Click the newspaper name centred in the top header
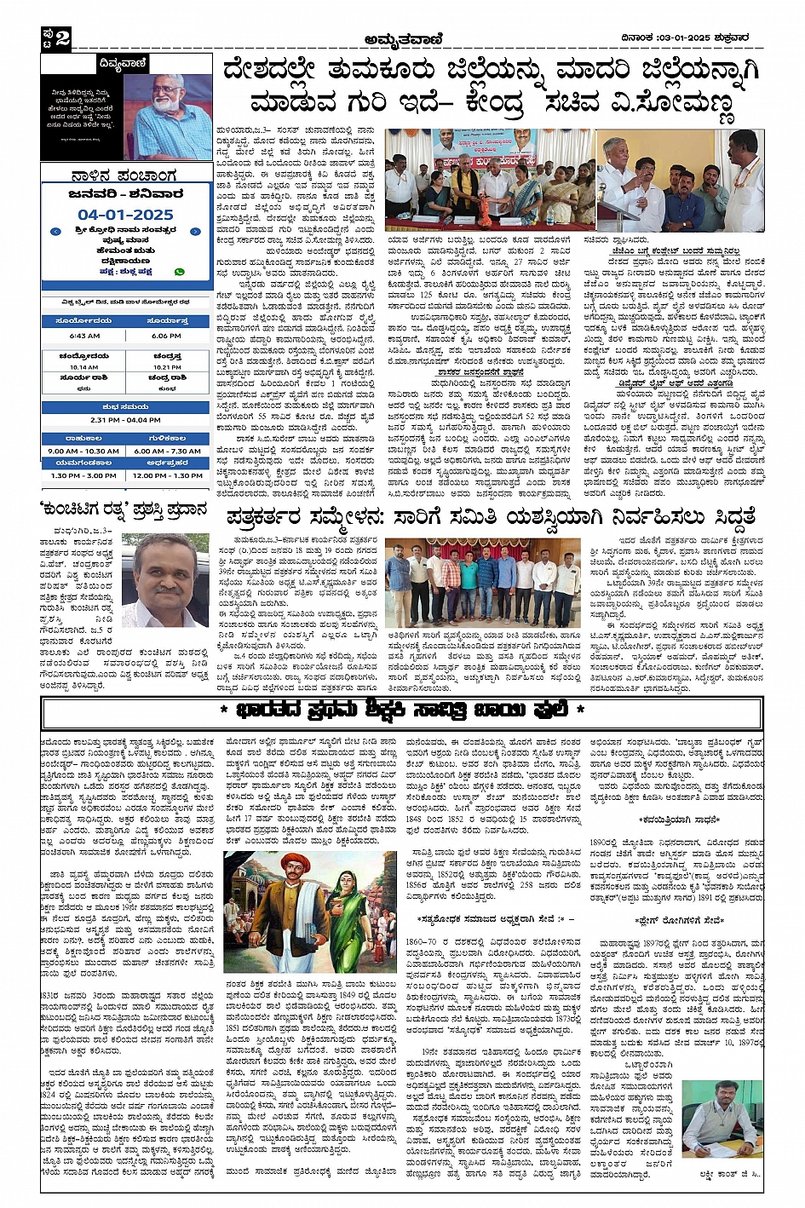point(402,37)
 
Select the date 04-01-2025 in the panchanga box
point(125,215)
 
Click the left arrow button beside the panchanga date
point(55,231)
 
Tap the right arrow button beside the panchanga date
point(195,231)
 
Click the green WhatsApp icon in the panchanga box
point(179,272)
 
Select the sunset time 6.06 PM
point(167,336)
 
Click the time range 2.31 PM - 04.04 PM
point(125,420)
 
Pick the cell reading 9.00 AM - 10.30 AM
point(83,451)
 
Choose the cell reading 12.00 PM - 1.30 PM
point(167,475)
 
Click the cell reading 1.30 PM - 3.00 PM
point(83,475)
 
